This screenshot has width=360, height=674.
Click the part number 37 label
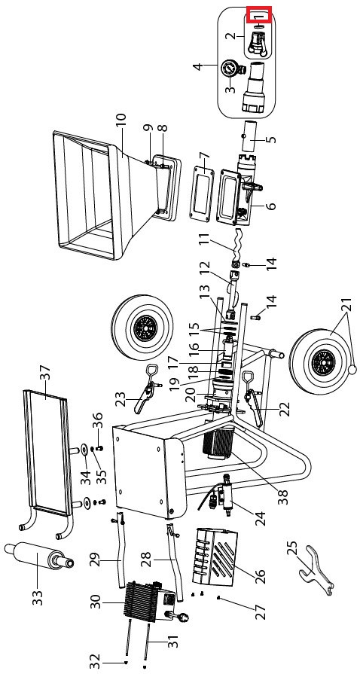click(x=45, y=375)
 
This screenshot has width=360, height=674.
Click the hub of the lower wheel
click(x=319, y=359)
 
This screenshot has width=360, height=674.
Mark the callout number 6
click(x=270, y=206)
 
